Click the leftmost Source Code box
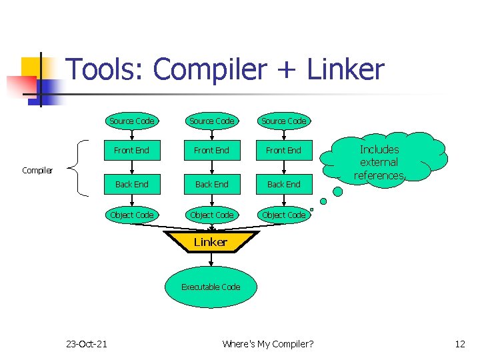[131, 121]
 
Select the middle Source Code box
[211, 121]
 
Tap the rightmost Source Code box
[283, 121]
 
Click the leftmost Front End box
[131, 150]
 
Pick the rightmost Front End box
[283, 150]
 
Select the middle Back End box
[211, 184]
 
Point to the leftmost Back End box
[131, 184]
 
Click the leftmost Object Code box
[131, 215]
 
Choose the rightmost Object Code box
[283, 215]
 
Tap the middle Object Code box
[211, 215]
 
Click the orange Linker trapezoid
[211, 243]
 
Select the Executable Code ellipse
[211, 287]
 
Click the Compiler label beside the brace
[37, 171]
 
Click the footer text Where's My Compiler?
[268, 344]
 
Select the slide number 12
[459, 344]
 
